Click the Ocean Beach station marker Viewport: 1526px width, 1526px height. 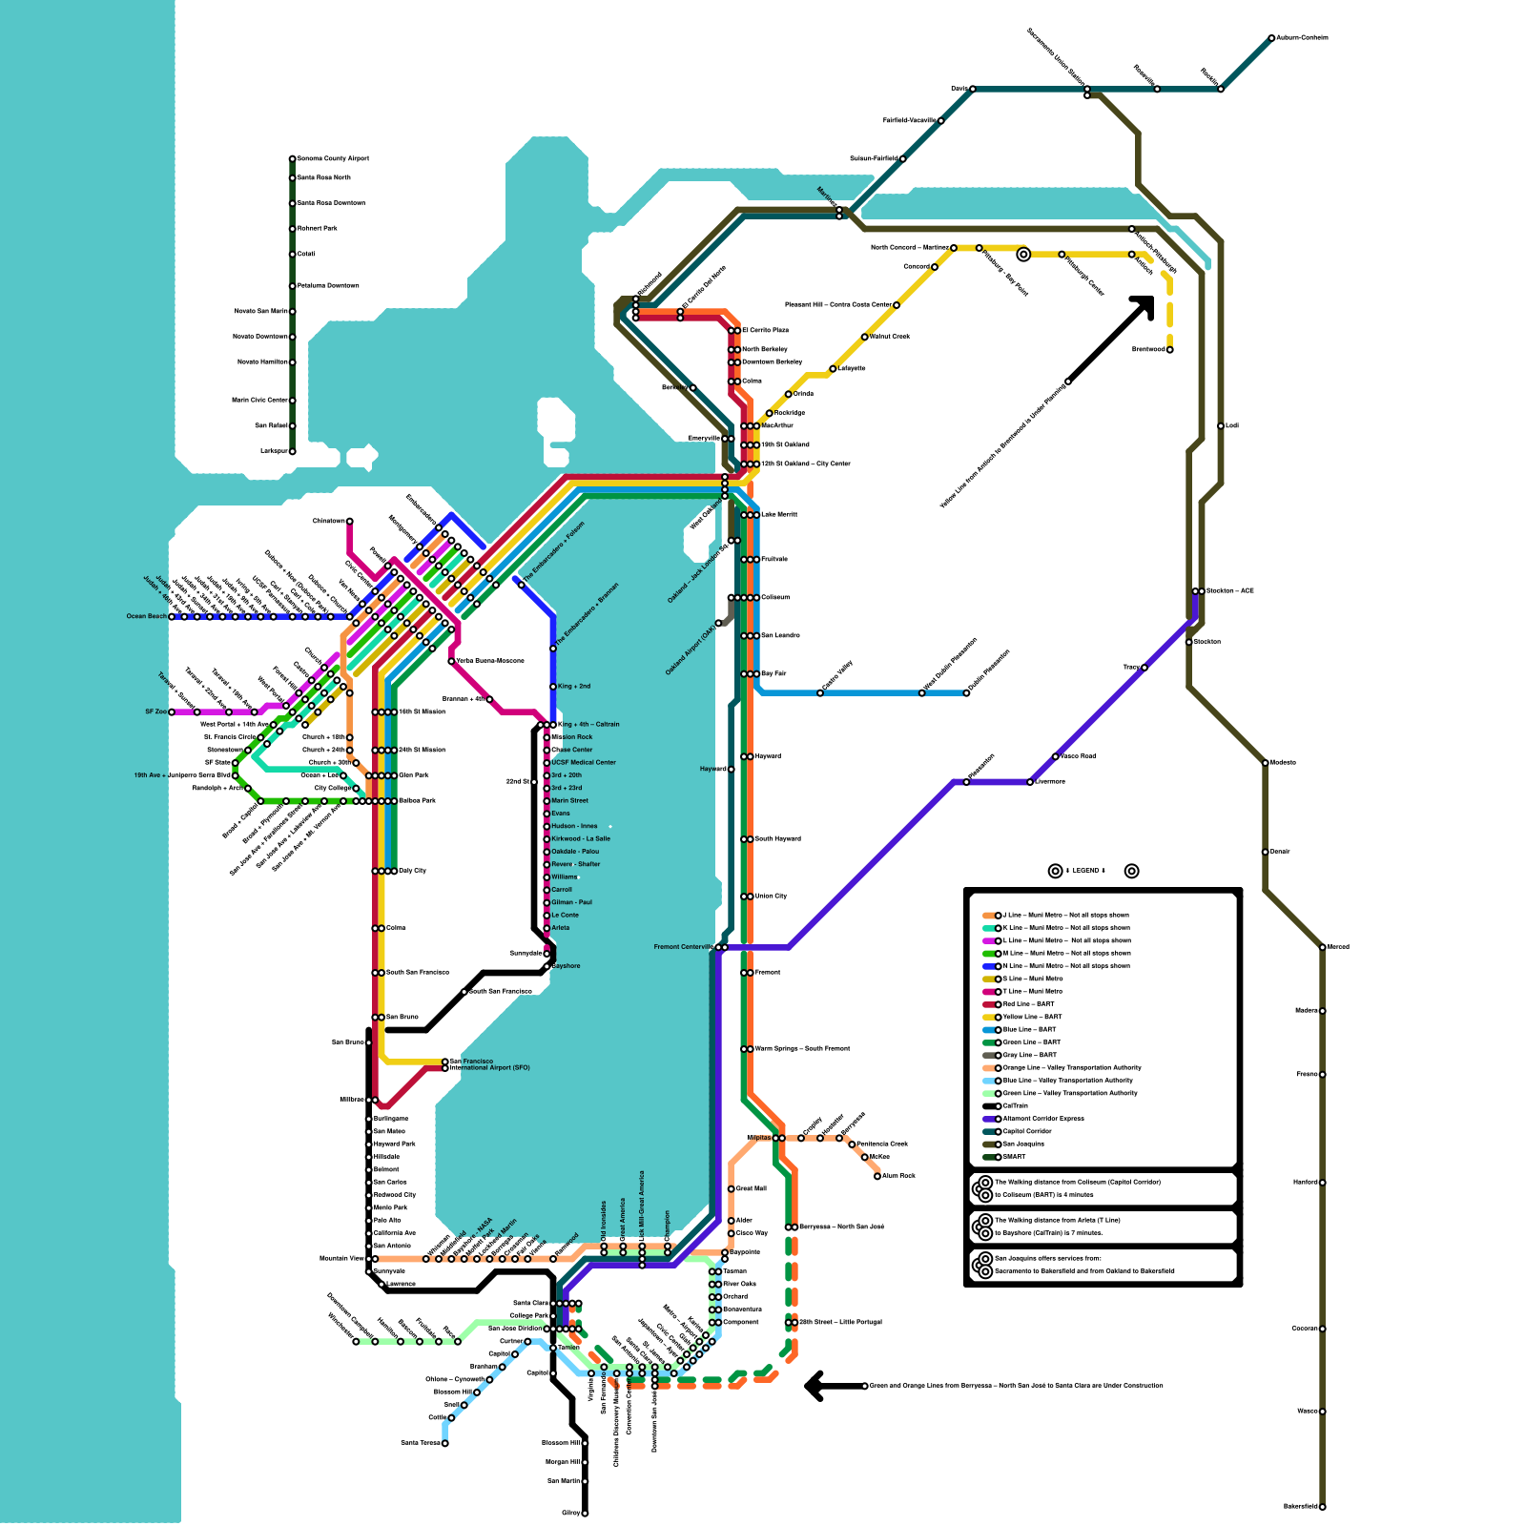pos(172,617)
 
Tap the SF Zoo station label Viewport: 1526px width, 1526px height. pos(155,712)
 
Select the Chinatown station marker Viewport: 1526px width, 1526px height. pos(350,522)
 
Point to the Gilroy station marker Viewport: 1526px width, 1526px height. pos(585,1514)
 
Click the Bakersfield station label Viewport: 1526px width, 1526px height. pos(1300,1507)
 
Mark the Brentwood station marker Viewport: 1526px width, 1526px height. pos(1170,350)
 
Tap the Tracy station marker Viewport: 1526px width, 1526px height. pos(1144,668)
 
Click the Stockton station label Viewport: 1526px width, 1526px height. pos(1207,642)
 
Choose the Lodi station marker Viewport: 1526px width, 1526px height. pos(1221,426)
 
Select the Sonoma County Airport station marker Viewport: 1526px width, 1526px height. pos(293,159)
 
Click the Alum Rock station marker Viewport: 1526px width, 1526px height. pos(877,1176)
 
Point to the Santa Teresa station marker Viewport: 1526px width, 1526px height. pos(445,1443)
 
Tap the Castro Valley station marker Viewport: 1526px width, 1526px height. pos(820,693)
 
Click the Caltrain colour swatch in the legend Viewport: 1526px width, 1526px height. pos(990,1106)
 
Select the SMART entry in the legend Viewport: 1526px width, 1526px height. pos(1014,1157)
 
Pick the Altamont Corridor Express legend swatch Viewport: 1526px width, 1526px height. pos(990,1119)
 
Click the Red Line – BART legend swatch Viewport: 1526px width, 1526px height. pos(990,1004)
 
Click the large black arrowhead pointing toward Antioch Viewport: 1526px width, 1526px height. pos(1144,305)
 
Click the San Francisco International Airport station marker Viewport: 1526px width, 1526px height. pos(445,1064)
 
